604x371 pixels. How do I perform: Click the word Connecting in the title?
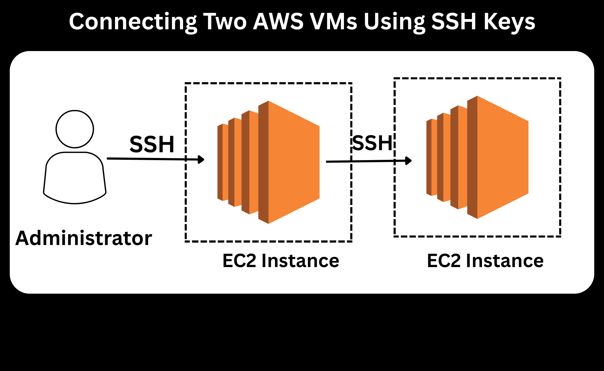pyautogui.click(x=133, y=22)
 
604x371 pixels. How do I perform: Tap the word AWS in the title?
pyautogui.click(x=278, y=21)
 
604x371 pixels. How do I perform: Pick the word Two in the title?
pyautogui.click(x=225, y=21)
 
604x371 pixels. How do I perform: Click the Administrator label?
pyautogui.click(x=84, y=238)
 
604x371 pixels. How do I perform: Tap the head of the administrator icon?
pyautogui.click(x=75, y=129)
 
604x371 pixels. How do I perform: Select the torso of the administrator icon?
pyautogui.click(x=75, y=178)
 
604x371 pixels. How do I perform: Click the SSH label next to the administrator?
pyautogui.click(x=152, y=144)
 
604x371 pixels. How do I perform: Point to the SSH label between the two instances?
pyautogui.click(x=372, y=143)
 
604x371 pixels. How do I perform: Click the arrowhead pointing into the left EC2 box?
pyautogui.click(x=201, y=159)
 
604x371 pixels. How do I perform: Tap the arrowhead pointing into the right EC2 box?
pyautogui.click(x=408, y=160)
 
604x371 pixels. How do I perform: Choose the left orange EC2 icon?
pyautogui.click(x=268, y=162)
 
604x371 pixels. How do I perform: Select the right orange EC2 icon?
pyautogui.click(x=477, y=157)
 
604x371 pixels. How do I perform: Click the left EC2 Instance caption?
pyautogui.click(x=281, y=260)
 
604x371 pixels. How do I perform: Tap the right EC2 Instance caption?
pyautogui.click(x=485, y=260)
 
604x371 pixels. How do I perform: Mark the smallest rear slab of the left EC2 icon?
pyautogui.click(x=223, y=162)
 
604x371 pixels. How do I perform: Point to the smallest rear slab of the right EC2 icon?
pyautogui.click(x=432, y=157)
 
